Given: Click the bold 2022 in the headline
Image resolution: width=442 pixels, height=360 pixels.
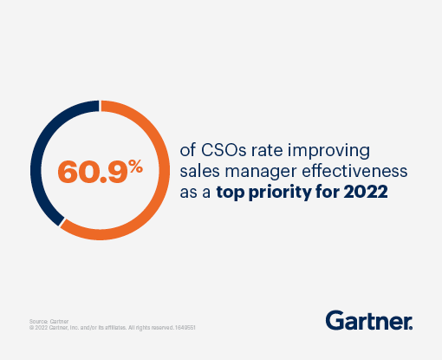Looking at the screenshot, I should (x=367, y=192).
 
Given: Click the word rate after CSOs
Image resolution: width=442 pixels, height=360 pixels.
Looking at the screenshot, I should (x=261, y=148).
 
